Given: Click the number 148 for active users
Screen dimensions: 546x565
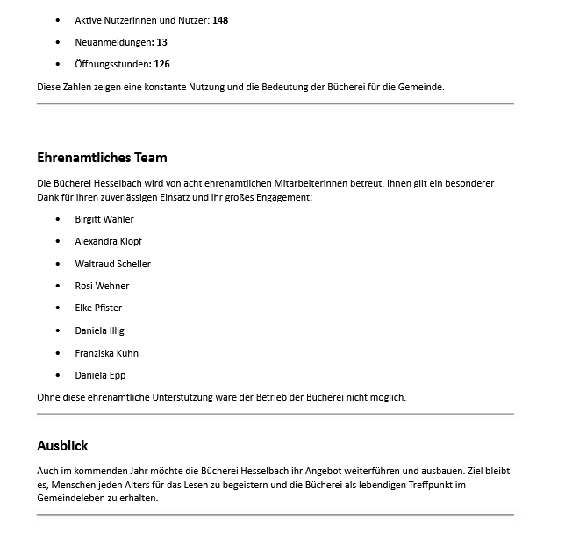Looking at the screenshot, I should point(220,19).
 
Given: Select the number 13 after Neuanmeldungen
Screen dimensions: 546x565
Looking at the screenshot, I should point(161,42).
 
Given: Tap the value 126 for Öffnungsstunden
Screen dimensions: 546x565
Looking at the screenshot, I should point(161,64).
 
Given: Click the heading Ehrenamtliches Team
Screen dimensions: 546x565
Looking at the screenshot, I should point(102,158).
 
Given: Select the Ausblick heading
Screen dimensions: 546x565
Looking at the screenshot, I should point(62,445).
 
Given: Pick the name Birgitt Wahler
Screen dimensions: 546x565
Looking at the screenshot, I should point(104,219).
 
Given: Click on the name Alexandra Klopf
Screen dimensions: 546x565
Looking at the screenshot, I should point(108,241).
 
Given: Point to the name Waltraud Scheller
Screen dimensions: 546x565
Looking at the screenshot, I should point(112,264).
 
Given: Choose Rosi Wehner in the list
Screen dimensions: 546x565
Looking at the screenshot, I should point(102,286).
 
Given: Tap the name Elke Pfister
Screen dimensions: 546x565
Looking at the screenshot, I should point(98,308).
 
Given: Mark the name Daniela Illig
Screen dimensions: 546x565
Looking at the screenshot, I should point(99,330).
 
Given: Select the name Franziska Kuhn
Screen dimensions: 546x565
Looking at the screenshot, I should point(106,353).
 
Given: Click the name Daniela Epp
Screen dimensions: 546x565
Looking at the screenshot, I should point(100,375).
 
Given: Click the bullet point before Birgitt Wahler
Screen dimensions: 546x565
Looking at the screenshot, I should point(58,219).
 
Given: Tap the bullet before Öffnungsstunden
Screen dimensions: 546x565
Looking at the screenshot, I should point(58,64).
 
